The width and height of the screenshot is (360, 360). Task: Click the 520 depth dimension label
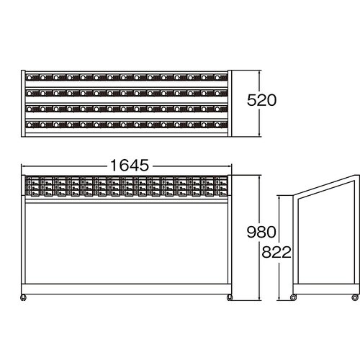[261, 100]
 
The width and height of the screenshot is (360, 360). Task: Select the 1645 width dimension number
[130, 166]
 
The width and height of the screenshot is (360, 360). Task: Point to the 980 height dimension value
[261, 232]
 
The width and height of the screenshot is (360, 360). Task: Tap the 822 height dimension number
[276, 252]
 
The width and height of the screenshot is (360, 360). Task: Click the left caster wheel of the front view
[23, 297]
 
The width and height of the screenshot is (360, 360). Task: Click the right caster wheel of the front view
[230, 297]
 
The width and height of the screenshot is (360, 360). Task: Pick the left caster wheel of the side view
[293, 297]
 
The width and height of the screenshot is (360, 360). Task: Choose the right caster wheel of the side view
[355, 297]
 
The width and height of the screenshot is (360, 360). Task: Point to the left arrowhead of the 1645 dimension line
[24, 166]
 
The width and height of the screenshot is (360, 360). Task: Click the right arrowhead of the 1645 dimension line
[229, 166]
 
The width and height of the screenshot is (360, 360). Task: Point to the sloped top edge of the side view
[325, 185]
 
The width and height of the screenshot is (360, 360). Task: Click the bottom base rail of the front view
[127, 289]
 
